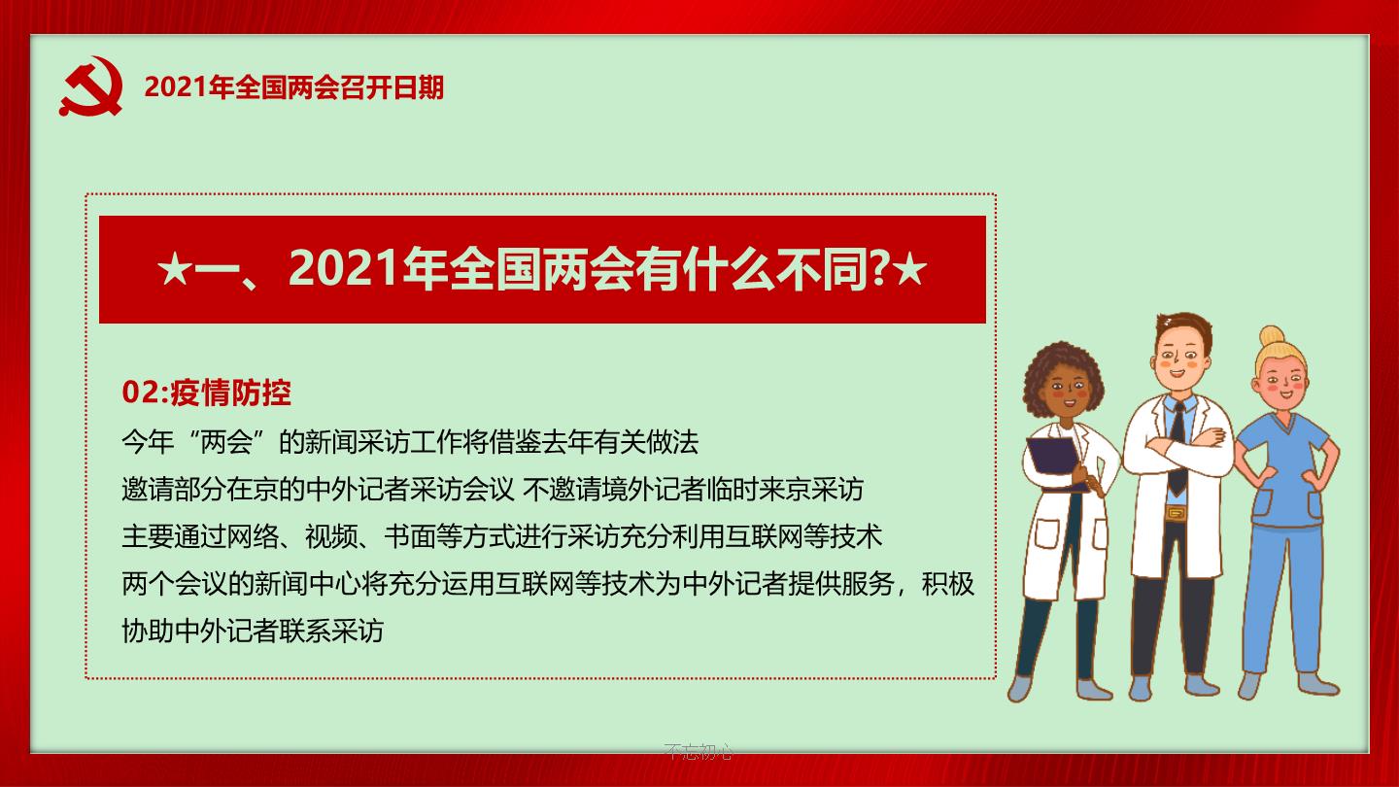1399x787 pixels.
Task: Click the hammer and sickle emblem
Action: coord(91,86)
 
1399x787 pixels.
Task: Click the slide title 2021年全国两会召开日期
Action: coord(294,87)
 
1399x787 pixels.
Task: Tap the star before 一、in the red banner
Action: coord(174,270)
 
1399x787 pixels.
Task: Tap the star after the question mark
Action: coord(909,270)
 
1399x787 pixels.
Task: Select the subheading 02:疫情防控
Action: coord(207,393)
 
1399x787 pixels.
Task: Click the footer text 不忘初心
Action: coord(699,751)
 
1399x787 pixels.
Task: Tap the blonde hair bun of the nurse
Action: coord(1272,336)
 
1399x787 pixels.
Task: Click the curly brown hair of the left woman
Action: coord(1061,375)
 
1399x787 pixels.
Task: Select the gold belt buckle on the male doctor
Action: coord(1175,513)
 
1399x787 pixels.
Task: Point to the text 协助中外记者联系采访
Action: coord(253,631)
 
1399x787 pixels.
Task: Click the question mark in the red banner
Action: coord(879,269)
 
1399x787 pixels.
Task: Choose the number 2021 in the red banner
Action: coord(343,269)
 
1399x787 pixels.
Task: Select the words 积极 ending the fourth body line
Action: coord(947,583)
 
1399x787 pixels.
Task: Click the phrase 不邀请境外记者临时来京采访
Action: coord(693,489)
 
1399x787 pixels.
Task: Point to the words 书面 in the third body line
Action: coord(410,536)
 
